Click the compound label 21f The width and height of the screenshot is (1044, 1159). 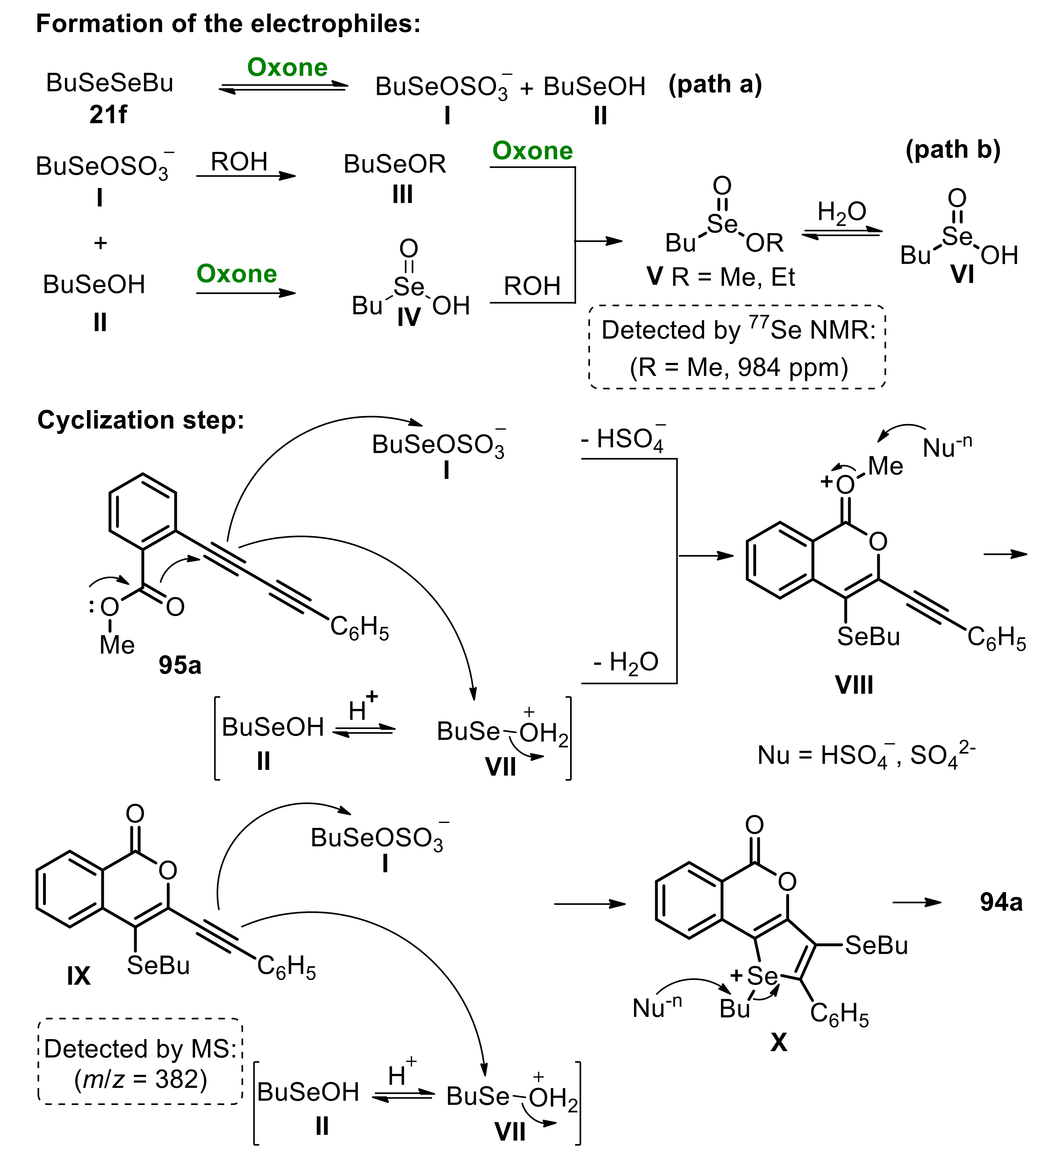coord(108,115)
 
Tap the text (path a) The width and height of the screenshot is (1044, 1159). coord(715,85)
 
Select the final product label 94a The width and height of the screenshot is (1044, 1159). coord(1001,902)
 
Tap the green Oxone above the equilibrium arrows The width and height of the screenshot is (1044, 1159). coord(287,68)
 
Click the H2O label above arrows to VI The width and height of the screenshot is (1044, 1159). coord(842,212)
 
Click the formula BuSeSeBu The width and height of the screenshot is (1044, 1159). coord(109,83)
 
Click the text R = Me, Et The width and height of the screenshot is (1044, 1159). coord(732,277)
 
